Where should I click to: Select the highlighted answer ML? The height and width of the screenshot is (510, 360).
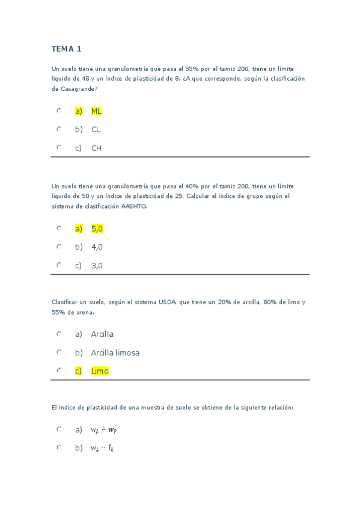pos(96,111)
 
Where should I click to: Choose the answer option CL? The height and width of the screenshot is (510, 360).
pos(96,129)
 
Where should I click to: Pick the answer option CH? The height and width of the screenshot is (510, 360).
pos(96,148)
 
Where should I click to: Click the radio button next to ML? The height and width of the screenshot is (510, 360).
pos(59,111)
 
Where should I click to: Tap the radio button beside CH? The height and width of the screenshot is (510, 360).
pos(59,147)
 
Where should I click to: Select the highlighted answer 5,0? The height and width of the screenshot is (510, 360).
pos(97,229)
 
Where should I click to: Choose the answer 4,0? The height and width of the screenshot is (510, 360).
pos(97,247)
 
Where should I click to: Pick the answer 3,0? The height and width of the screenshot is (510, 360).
pos(97,265)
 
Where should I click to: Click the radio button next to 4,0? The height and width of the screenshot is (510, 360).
pos(59,247)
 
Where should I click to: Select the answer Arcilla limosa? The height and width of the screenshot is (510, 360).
pos(115,352)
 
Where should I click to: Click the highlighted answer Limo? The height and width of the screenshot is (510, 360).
pos(100,371)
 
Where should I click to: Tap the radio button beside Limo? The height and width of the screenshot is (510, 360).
pos(59,370)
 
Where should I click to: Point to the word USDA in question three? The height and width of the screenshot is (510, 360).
pos(167,303)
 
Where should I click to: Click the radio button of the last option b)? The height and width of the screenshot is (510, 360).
pos(59,447)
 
